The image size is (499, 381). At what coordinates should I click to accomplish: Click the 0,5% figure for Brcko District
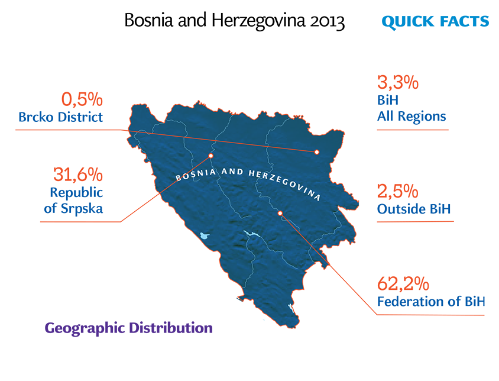tap(82, 99)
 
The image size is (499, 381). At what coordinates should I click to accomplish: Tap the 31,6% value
tap(78, 175)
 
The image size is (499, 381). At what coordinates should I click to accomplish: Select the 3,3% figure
tap(398, 82)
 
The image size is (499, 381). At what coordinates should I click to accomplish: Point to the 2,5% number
tap(398, 192)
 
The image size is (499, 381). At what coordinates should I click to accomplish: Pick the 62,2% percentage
tap(403, 283)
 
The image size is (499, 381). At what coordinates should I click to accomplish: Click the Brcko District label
tap(60, 117)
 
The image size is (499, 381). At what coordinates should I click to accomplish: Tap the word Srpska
tap(82, 209)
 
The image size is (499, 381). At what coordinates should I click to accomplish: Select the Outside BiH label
tap(414, 209)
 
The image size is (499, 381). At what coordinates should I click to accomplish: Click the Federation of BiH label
tap(431, 301)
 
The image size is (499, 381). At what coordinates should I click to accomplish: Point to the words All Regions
tap(411, 117)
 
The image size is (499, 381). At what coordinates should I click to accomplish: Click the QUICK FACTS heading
tap(435, 22)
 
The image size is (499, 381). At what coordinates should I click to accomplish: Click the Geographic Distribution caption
tap(128, 328)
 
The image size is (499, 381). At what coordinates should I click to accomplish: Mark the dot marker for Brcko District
tap(317, 152)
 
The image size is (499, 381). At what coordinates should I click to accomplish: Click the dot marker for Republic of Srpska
tap(210, 156)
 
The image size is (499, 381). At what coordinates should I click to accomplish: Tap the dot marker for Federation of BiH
tap(280, 213)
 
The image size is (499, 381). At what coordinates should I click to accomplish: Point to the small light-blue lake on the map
tap(204, 236)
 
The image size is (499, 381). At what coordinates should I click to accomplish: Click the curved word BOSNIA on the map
tap(196, 175)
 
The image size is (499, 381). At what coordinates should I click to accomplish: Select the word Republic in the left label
tap(76, 193)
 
